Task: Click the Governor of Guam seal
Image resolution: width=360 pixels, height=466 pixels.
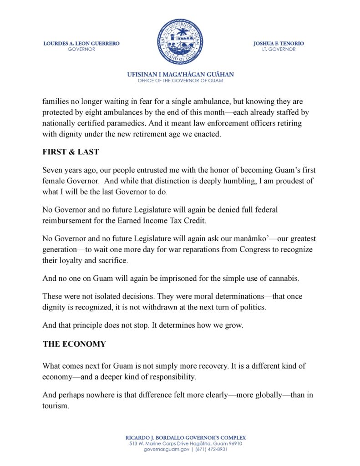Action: click(x=180, y=41)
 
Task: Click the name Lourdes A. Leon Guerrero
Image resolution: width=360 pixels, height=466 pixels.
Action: click(x=81, y=43)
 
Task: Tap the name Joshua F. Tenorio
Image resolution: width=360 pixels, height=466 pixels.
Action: click(x=279, y=43)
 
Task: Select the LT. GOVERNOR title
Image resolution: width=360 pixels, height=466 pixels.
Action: click(x=279, y=49)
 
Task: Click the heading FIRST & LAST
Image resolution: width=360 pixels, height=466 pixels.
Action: click(x=71, y=152)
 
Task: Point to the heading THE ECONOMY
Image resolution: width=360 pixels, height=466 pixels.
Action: click(x=74, y=344)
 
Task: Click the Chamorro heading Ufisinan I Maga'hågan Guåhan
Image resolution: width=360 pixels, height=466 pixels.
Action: click(x=180, y=74)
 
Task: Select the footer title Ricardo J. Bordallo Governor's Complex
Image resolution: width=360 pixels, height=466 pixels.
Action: click(x=180, y=437)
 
